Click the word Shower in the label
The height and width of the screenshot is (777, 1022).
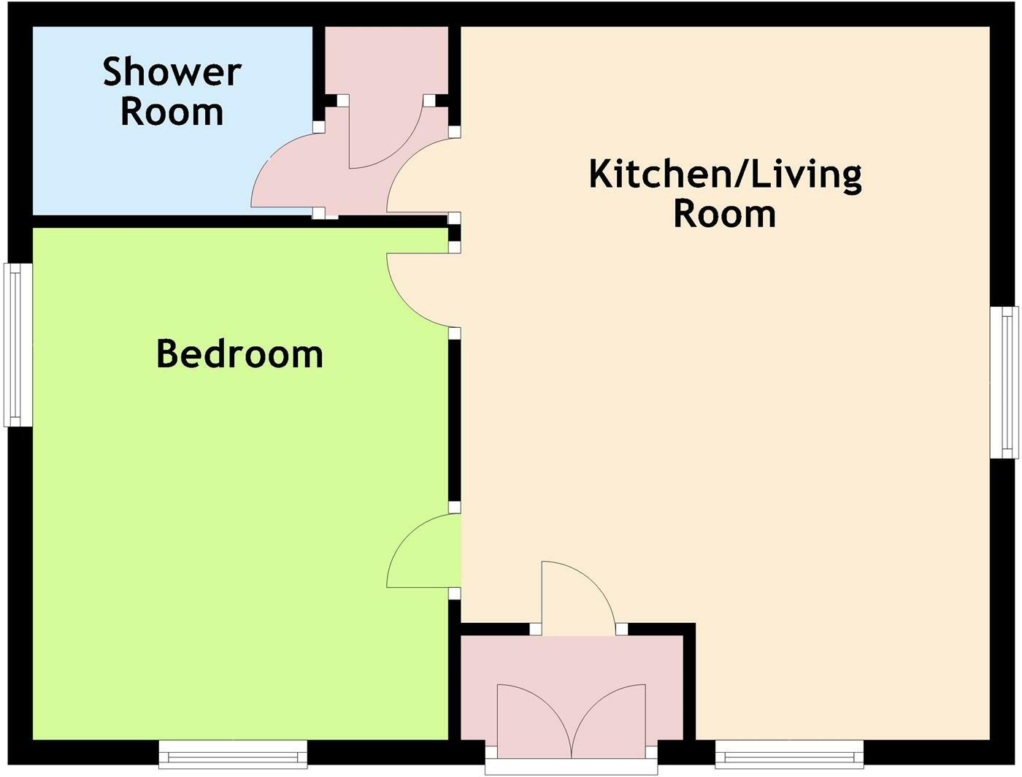tap(172, 72)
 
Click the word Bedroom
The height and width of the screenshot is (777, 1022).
tap(239, 354)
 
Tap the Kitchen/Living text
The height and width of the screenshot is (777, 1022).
tap(725, 175)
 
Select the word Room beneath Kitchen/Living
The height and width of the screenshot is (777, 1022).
tap(724, 214)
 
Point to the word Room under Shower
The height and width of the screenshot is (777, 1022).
tap(172, 112)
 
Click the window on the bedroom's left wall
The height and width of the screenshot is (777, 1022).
tap(18, 345)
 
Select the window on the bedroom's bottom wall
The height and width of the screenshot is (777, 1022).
tap(233, 754)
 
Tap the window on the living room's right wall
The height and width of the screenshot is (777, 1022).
tap(1004, 382)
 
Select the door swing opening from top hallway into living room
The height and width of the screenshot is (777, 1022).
tap(420, 179)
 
